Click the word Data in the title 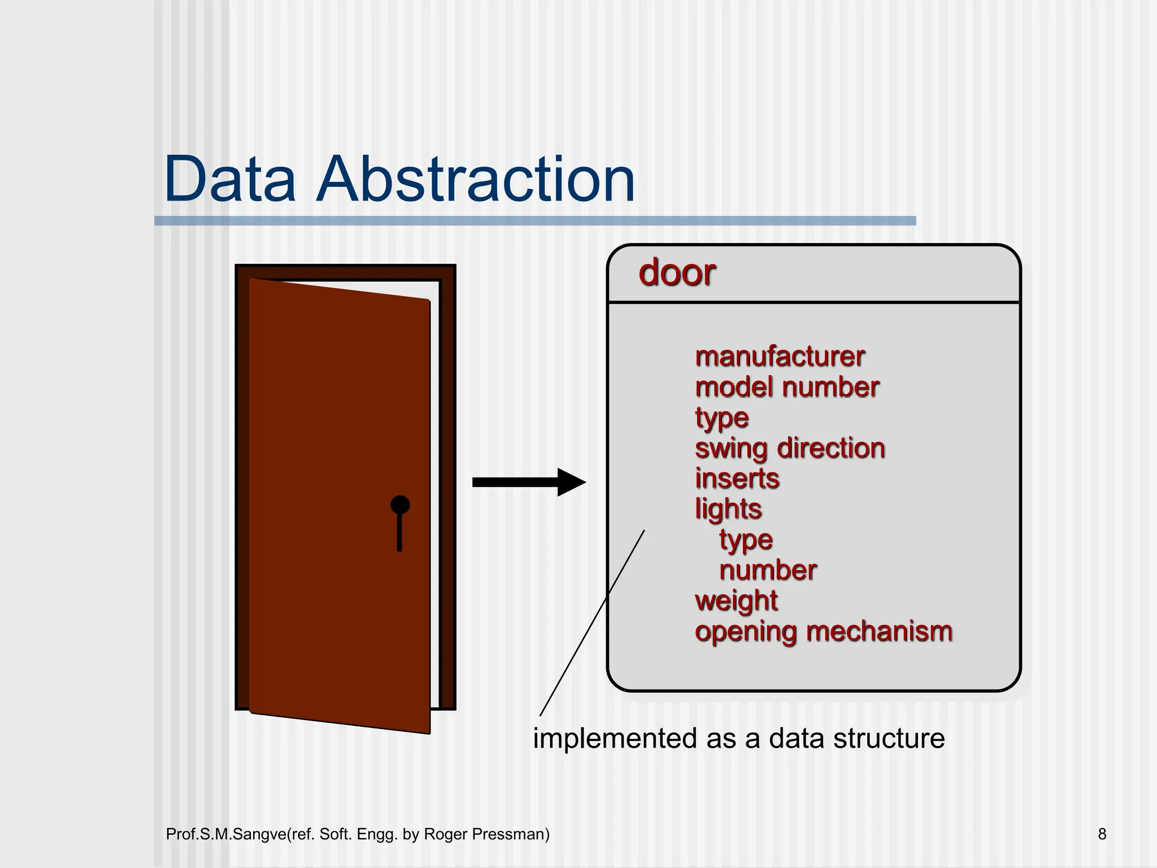pos(229,180)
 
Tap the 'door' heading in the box pos(677,273)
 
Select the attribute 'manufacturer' pos(780,357)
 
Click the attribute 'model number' pos(787,388)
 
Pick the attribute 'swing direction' pos(789,449)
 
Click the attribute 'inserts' pos(737,479)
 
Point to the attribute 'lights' pos(728,509)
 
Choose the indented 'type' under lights pos(746,540)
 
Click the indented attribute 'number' pos(768,571)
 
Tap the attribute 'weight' pos(736,601)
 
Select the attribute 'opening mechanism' pos(823,632)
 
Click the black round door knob pos(400,505)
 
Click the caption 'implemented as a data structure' pos(738,739)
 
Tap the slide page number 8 pos(1102,834)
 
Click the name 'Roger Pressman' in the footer pos(486,834)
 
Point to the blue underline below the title pos(534,221)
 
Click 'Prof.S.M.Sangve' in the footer pos(226,834)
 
